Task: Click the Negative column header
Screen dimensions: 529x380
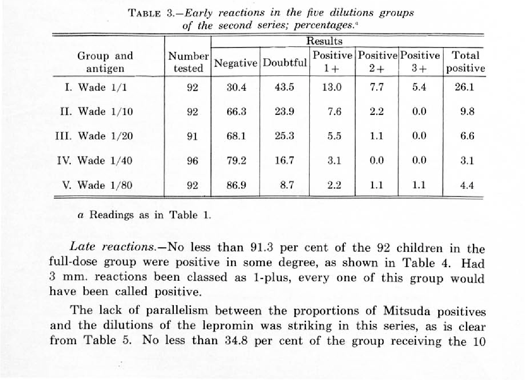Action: coord(235,63)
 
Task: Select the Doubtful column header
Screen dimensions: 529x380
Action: coord(285,63)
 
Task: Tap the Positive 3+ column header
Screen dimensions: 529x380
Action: coord(420,62)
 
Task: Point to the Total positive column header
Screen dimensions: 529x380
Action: coord(465,62)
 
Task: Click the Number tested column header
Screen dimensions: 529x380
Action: coord(188,62)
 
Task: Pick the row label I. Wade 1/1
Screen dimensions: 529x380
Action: coord(96,87)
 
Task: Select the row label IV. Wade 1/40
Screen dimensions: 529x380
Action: coord(94,160)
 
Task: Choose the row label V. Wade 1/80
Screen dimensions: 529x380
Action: coord(97,185)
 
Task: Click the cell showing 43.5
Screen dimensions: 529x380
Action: coord(284,87)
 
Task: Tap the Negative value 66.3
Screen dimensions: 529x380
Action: coord(236,112)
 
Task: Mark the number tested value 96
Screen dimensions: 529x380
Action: coord(192,161)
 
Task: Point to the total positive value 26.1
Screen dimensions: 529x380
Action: coord(465,87)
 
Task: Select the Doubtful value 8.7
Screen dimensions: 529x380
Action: coord(287,185)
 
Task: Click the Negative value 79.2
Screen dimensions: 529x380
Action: coord(236,161)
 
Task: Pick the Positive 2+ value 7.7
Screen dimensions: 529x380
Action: coord(377,87)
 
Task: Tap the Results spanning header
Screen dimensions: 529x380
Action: coord(324,41)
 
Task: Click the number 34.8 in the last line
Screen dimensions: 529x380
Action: coord(236,340)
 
